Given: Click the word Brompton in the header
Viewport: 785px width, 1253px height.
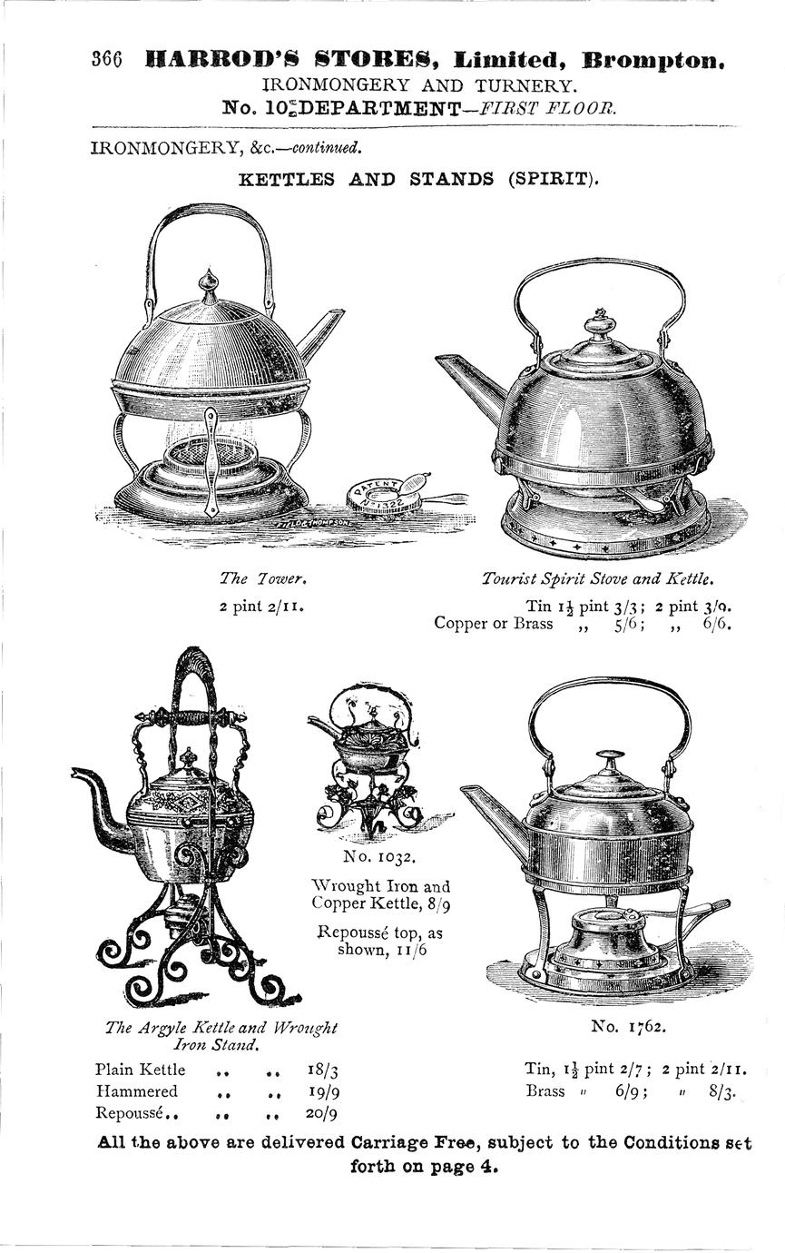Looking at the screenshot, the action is (653, 61).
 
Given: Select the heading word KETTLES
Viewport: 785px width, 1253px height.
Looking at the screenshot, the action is (286, 179).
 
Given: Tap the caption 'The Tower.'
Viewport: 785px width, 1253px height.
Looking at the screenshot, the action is (263, 577).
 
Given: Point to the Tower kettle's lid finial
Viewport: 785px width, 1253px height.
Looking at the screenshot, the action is (209, 286).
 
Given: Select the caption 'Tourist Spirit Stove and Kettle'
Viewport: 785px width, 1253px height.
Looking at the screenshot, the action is (598, 578).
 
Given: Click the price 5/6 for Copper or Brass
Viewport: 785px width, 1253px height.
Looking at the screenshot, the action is (627, 624).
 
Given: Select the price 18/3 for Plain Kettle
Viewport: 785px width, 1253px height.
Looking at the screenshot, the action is (322, 1070).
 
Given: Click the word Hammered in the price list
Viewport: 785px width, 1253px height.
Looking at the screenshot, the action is (136, 1091).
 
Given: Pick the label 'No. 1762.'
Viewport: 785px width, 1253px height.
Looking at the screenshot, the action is (628, 1026).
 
